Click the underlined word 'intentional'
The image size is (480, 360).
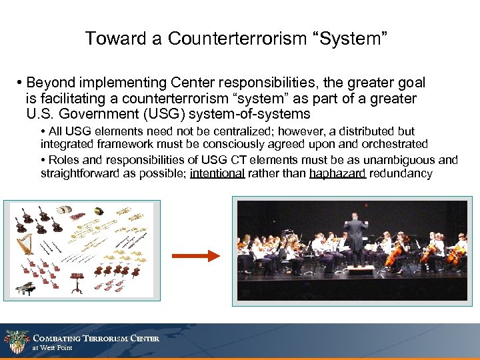(217, 173)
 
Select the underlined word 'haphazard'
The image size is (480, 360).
(337, 173)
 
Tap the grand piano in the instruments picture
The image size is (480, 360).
(26, 289)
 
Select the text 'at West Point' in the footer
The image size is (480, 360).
(52, 348)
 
